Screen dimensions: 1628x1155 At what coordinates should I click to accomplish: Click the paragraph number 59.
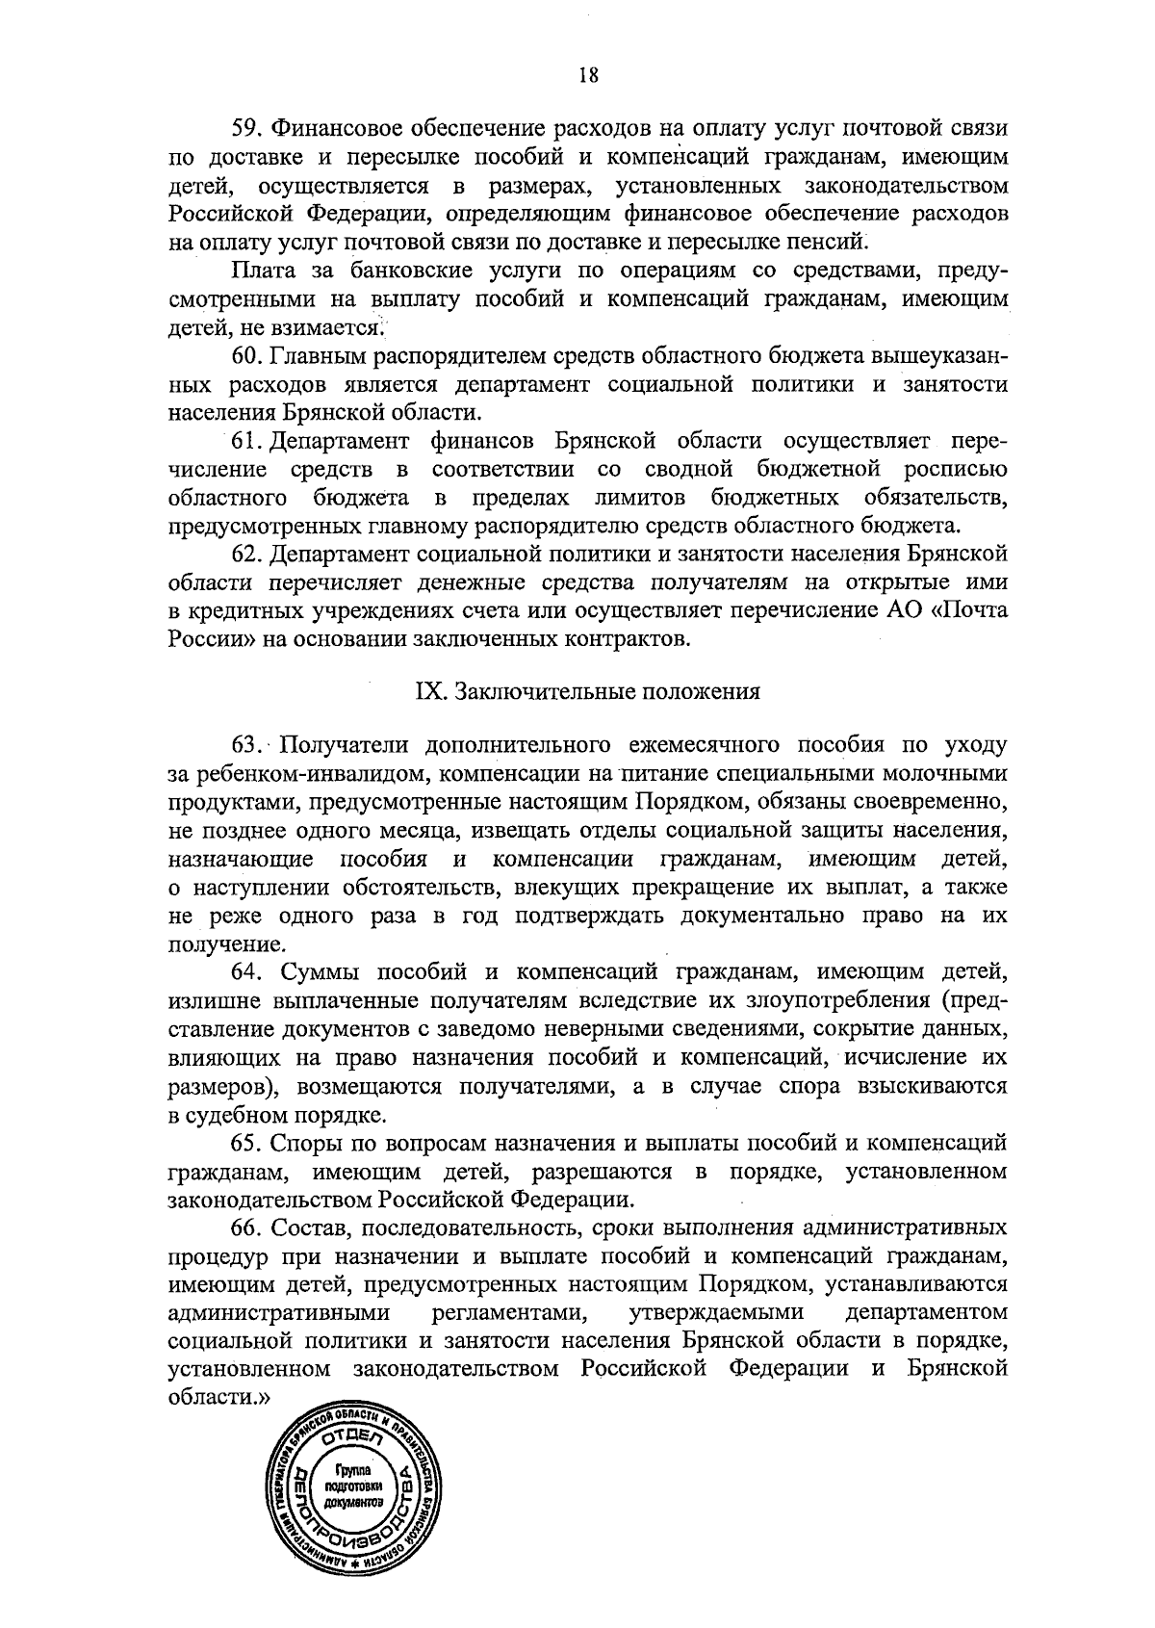click(246, 128)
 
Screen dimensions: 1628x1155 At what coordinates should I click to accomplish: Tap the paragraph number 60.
click(246, 357)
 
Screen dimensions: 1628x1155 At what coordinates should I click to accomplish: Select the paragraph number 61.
click(246, 442)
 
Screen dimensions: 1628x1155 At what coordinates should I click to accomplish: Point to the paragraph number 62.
click(246, 556)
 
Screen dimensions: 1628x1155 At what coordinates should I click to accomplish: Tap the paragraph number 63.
click(246, 745)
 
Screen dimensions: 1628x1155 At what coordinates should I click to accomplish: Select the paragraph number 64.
click(246, 972)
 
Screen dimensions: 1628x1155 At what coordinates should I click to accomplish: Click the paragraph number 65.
click(246, 1143)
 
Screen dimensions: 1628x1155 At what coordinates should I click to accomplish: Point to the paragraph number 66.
click(246, 1227)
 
